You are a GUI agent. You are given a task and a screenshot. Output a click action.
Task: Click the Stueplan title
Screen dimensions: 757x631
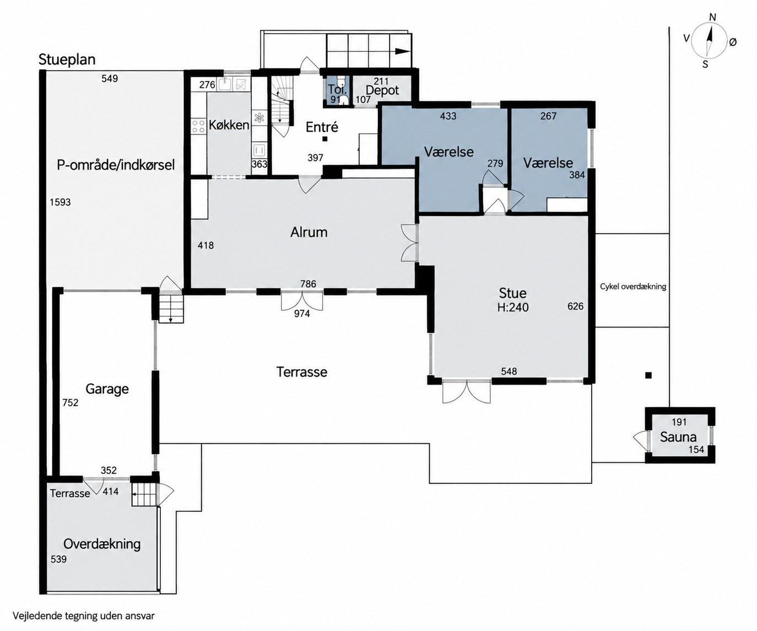point(67,60)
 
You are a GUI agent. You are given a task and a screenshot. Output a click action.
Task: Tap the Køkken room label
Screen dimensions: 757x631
point(229,125)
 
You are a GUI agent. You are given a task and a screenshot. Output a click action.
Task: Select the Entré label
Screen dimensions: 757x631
point(322,127)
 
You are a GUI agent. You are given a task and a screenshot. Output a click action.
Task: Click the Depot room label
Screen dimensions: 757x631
point(382,90)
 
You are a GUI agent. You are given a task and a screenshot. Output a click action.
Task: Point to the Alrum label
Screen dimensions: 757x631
point(309,232)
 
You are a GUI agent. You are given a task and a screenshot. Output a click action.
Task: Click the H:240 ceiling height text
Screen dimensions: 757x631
point(513,308)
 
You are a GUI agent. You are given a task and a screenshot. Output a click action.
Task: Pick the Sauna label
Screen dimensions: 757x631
point(678,437)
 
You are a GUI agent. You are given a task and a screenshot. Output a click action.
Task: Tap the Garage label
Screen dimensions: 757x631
point(107,389)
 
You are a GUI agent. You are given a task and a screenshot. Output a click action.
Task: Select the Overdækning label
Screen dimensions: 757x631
point(102,544)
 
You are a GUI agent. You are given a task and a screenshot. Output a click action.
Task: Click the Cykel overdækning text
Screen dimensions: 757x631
point(633,287)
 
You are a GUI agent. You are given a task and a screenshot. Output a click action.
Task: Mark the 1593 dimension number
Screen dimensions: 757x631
point(60,202)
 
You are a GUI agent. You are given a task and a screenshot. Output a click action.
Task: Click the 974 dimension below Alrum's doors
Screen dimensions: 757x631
point(302,314)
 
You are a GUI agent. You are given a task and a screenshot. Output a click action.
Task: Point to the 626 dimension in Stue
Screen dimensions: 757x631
point(575,306)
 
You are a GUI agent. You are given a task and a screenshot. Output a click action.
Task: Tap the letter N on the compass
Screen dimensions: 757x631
point(712,17)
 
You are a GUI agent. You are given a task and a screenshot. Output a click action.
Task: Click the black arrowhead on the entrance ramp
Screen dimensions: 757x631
point(402,51)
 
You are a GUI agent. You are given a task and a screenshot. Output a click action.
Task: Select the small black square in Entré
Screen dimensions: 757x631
point(325,139)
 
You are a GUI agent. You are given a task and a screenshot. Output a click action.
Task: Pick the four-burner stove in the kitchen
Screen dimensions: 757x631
point(198,126)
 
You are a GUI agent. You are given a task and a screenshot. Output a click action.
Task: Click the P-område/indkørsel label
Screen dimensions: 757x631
point(116,165)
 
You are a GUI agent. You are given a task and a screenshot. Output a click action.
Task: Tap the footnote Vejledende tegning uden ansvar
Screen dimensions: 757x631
point(84,616)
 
